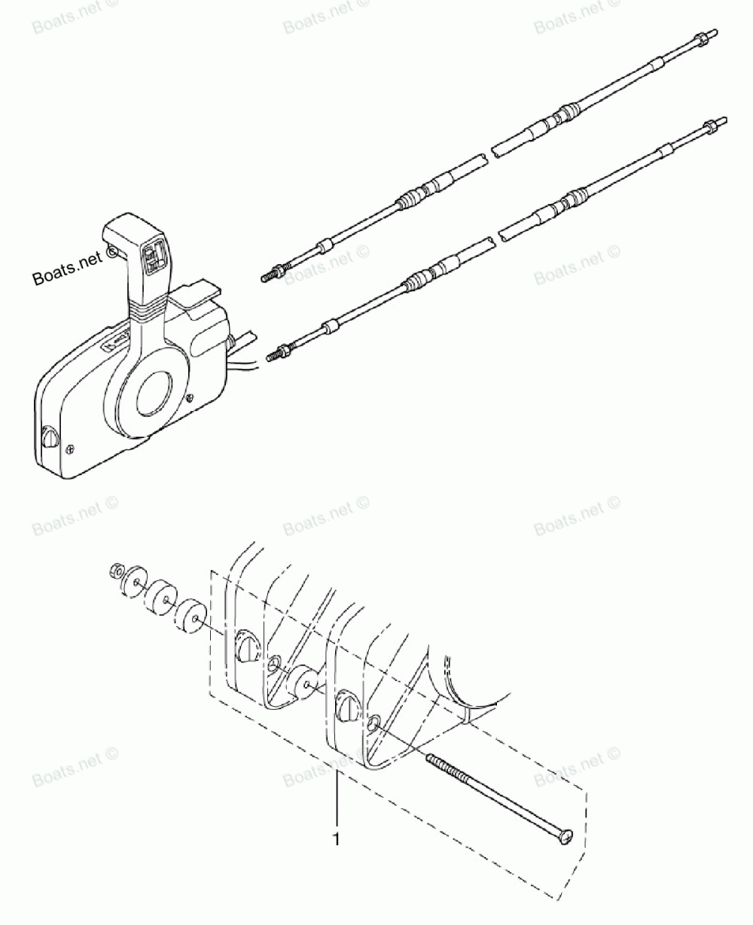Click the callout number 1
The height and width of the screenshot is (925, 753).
click(337, 838)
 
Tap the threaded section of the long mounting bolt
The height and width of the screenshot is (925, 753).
click(453, 779)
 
